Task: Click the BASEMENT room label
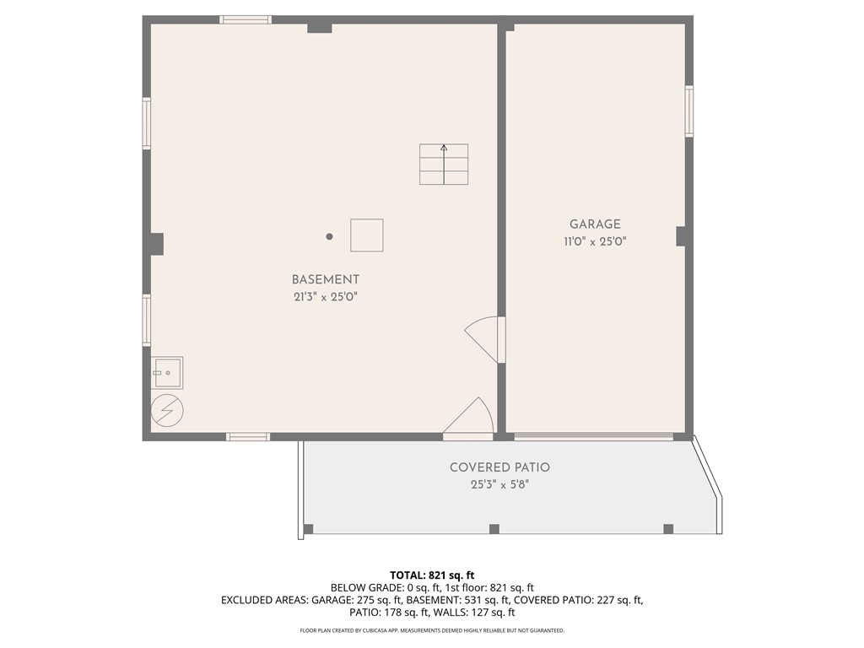[326, 279]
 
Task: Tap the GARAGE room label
[595, 224]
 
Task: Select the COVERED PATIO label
[499, 467]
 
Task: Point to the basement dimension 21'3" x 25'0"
[326, 297]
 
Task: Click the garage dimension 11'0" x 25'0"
[595, 241]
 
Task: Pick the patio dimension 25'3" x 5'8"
[499, 485]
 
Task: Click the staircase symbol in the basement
[444, 165]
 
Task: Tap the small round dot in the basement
[330, 237]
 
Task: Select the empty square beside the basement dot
[367, 235]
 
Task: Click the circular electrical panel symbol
[166, 411]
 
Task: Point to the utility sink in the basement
[167, 370]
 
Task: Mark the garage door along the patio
[594, 436]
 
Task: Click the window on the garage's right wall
[689, 111]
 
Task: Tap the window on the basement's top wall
[246, 19]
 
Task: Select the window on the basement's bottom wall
[248, 436]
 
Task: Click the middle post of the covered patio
[494, 529]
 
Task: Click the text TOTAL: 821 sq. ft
[432, 575]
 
